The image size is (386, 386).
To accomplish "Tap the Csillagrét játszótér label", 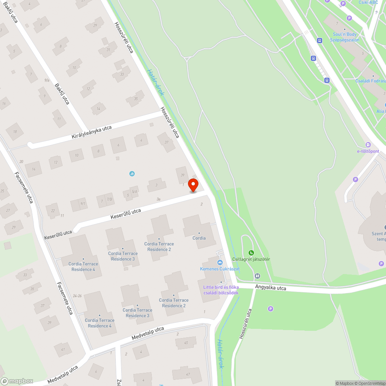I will (x=251, y=259).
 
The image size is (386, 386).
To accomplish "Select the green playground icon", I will (x=251, y=252).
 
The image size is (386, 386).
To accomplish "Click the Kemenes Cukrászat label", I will (x=220, y=269).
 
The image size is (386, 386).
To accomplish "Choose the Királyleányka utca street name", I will (x=91, y=132).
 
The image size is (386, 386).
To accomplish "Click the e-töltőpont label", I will (x=368, y=151).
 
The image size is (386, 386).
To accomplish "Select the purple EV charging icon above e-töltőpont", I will (x=368, y=144).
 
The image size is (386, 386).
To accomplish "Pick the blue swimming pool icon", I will (x=132, y=174).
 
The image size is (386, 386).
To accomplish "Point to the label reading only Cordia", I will (x=199, y=238).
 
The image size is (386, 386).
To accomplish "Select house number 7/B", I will (x=110, y=200).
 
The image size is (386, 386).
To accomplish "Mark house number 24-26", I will (x=77, y=296).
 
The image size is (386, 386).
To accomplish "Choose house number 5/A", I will (x=135, y=191).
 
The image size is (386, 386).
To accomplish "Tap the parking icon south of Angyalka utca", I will (x=271, y=308).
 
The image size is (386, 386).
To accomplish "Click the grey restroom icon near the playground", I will (x=257, y=276).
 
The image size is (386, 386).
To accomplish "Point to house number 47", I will (x=188, y=374).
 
